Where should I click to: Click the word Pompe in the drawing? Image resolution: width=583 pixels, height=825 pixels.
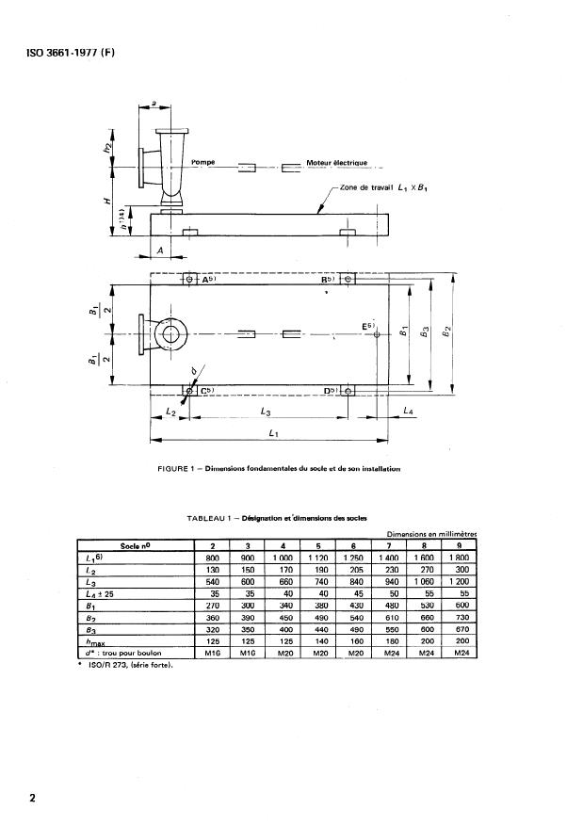(203, 162)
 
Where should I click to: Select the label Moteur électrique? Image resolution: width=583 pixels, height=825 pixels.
(342, 162)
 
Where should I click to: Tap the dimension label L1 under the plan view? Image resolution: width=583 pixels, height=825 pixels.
(272, 432)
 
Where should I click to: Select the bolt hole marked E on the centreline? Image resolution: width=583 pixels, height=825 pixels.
(376, 334)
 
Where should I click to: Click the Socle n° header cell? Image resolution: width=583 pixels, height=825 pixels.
(134, 546)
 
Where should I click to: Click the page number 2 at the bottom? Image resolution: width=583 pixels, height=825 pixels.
(32, 799)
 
